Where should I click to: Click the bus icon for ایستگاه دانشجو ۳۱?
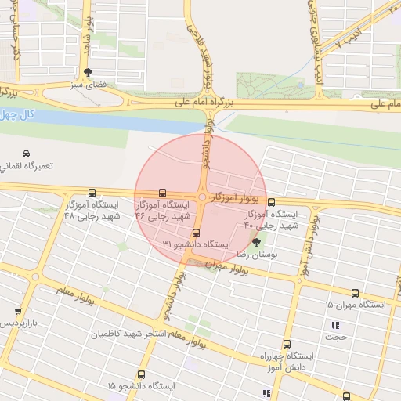coord(196,233)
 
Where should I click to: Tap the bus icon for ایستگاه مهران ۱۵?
coord(356,292)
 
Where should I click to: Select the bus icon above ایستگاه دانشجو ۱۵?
coord(141,374)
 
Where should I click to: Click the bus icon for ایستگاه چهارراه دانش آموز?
coord(285,343)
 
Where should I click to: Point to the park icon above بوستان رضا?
coord(256,242)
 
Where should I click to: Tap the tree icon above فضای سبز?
coord(87,71)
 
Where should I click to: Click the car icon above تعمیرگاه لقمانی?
coord(27,154)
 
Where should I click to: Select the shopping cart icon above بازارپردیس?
coord(17,311)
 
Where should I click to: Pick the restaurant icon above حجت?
coord(336,325)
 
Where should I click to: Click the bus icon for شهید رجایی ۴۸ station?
coord(92,192)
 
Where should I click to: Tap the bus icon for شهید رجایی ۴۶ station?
coord(162,192)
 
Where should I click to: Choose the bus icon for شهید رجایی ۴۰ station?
coord(271,202)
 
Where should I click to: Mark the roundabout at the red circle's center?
coord(202,197)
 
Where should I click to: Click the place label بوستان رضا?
coord(258,255)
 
